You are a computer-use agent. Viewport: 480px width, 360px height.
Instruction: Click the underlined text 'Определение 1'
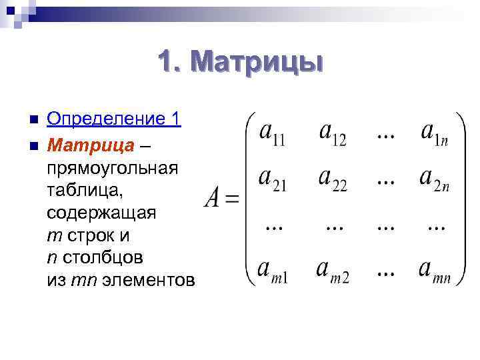pos(114,119)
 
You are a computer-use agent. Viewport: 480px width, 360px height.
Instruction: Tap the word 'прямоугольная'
pos(113,166)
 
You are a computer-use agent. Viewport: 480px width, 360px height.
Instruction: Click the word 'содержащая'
pos(101,213)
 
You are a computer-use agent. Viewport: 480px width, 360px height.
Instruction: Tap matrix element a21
pos(272,180)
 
